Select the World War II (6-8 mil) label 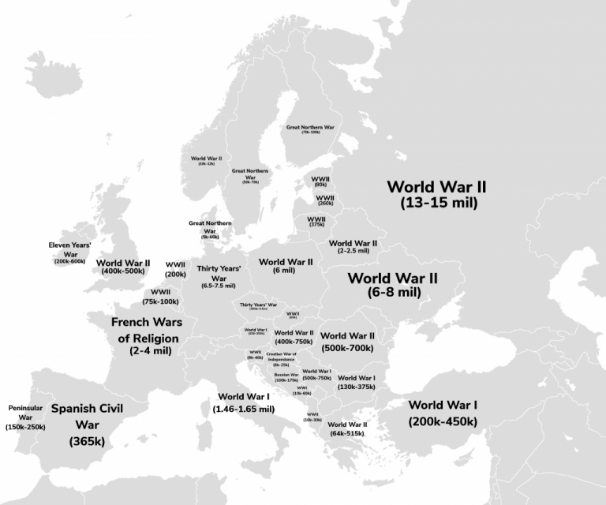[393, 285]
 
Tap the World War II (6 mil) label [286, 266]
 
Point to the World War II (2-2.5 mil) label [353, 247]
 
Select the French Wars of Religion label [146, 335]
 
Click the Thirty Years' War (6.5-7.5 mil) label [219, 277]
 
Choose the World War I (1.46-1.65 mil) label [243, 402]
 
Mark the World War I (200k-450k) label [443, 413]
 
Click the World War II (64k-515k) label [347, 428]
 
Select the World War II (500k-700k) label [347, 341]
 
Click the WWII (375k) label [316, 222]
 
